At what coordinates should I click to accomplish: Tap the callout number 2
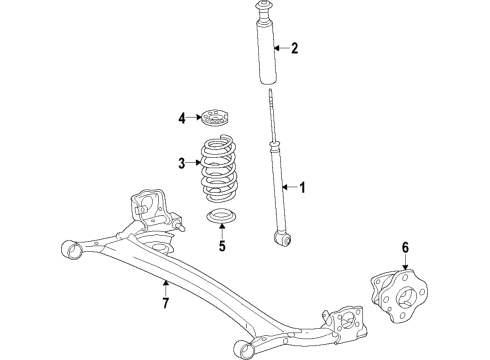pos(294,47)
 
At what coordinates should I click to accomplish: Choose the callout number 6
pos(405,246)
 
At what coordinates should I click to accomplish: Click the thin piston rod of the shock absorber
pos(273,120)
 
